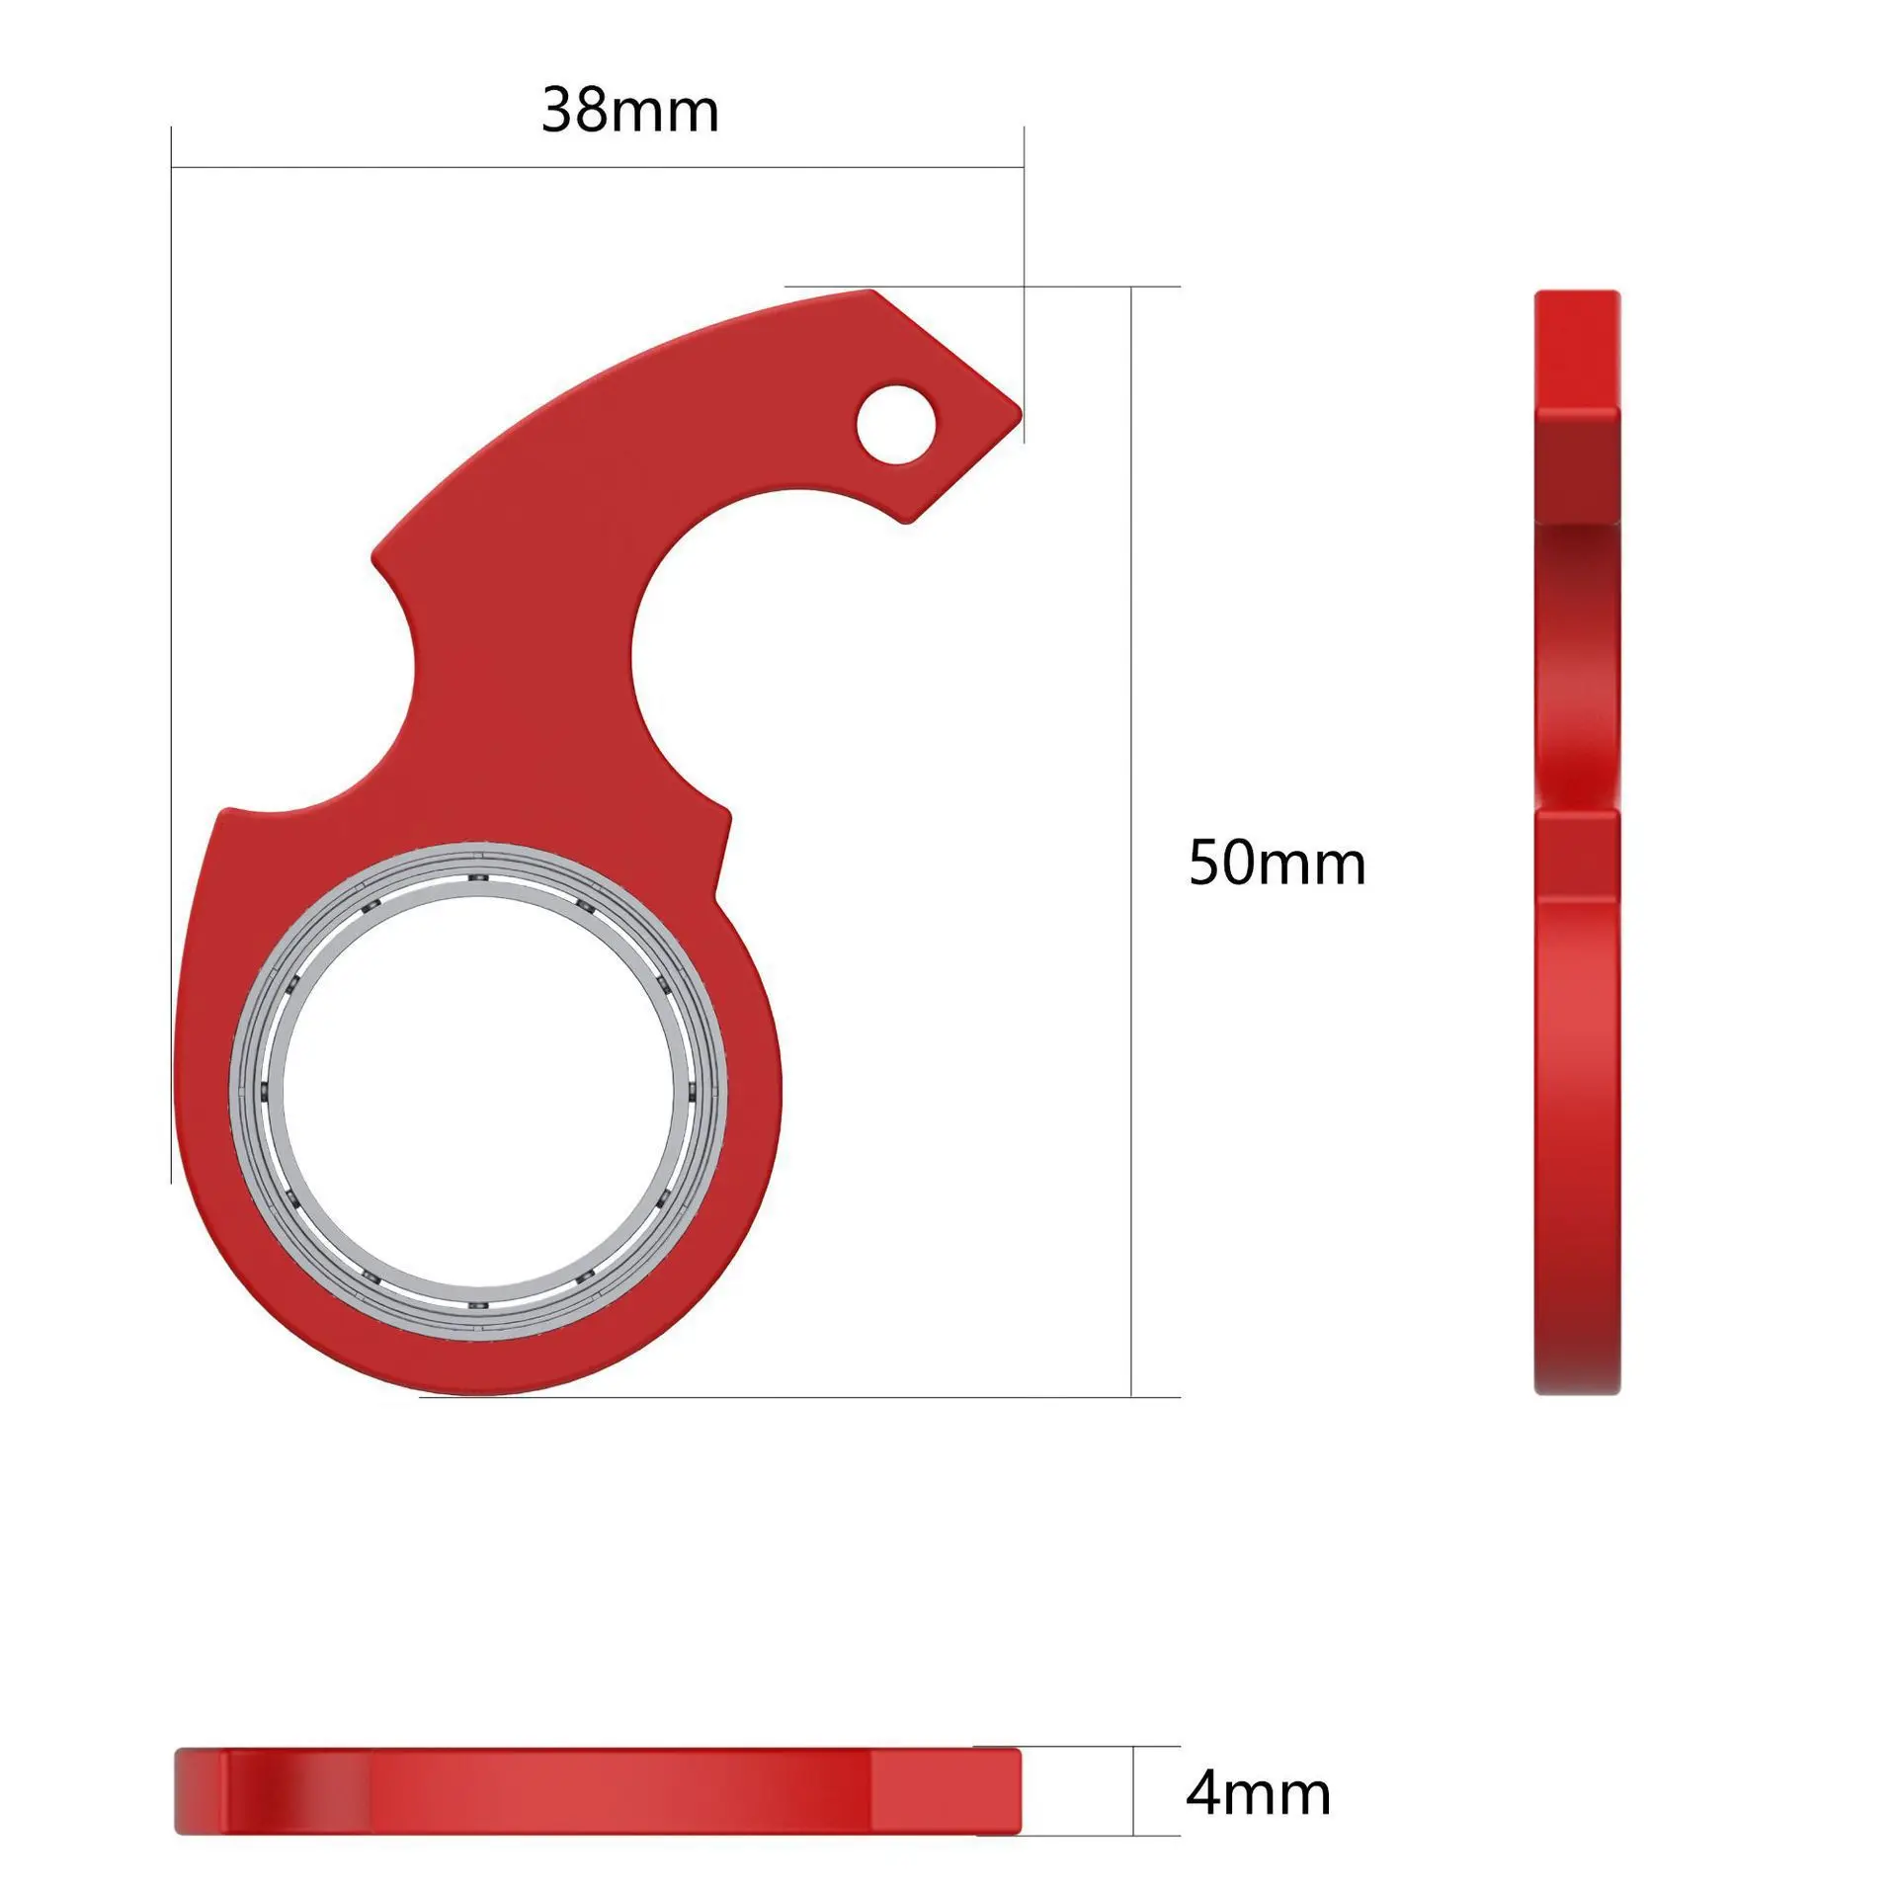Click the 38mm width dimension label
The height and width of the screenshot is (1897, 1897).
629,110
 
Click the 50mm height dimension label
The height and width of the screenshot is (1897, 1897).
1277,863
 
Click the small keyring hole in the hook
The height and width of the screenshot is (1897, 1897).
896,425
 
